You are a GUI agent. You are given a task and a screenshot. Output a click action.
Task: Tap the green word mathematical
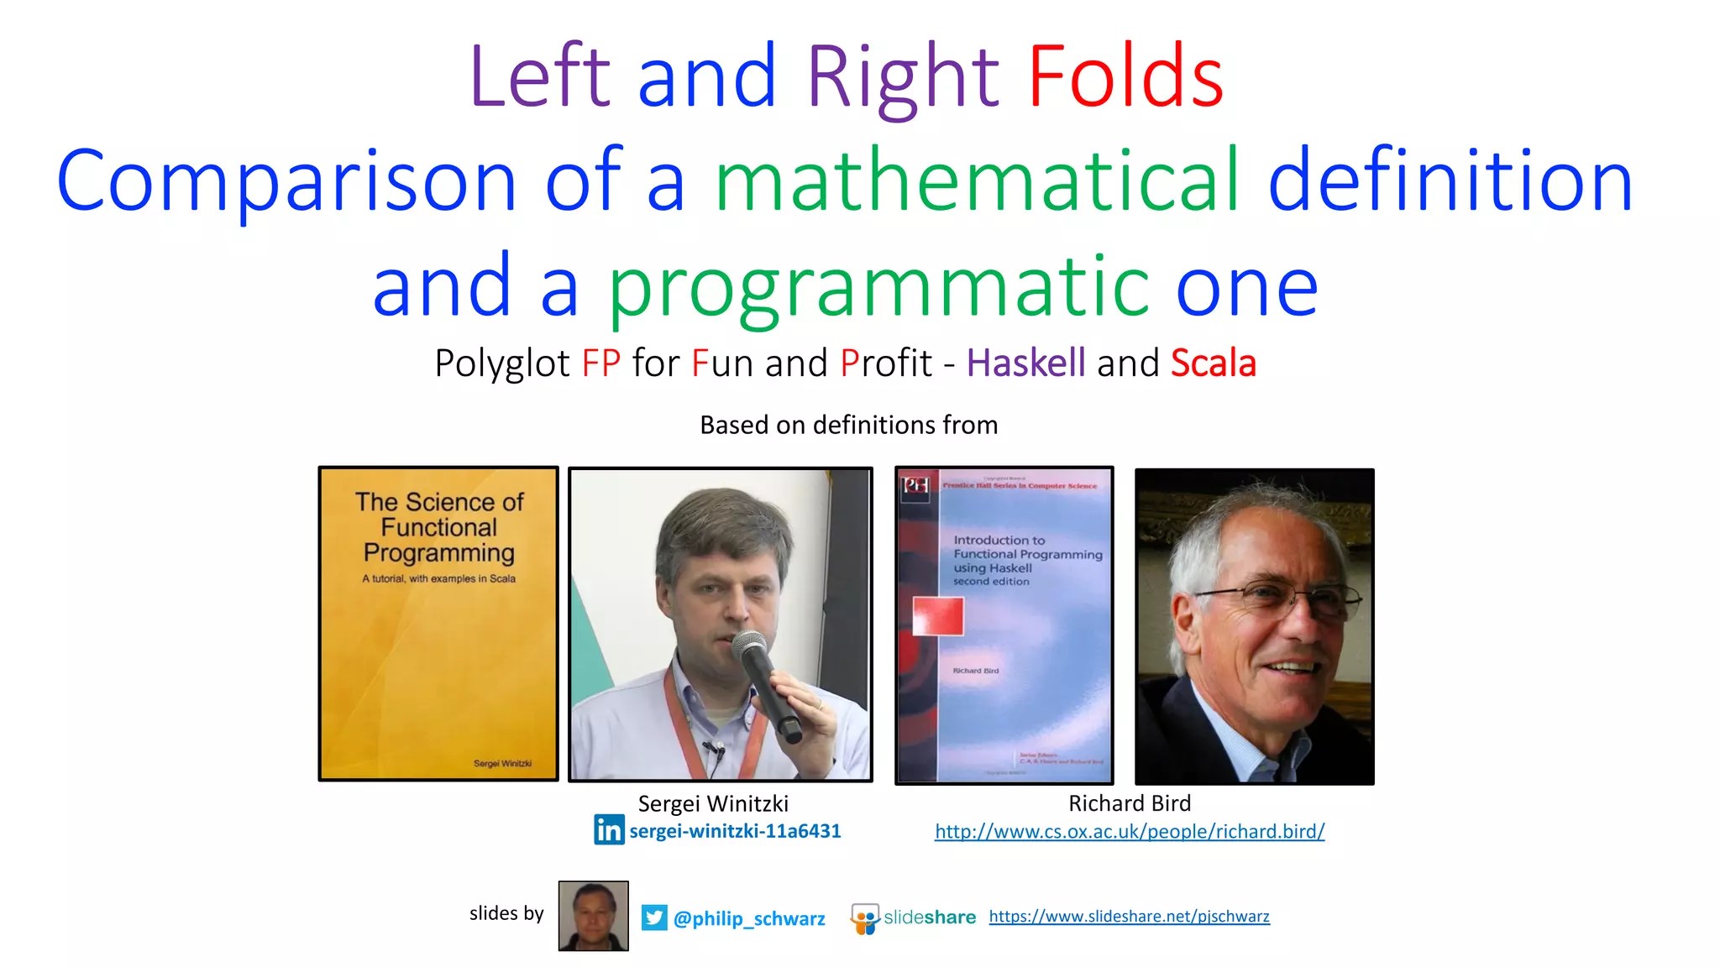977,180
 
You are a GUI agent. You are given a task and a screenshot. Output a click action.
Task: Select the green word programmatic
877,287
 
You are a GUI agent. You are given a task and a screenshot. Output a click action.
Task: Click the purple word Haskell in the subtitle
1025,363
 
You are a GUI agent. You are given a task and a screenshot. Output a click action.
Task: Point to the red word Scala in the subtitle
1213,363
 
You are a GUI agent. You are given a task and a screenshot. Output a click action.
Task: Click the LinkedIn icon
609,830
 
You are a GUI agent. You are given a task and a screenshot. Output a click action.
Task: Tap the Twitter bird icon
654,917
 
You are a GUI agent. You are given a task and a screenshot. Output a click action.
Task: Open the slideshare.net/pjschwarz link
1129,917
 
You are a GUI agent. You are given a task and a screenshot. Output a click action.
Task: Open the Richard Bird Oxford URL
1130,832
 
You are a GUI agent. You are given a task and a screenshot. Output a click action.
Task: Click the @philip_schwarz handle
749,918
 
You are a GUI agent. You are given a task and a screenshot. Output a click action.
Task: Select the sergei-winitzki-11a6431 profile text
735,831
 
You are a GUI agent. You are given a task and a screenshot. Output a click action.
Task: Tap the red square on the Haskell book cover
938,616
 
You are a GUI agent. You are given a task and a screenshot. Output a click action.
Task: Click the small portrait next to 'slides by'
593,916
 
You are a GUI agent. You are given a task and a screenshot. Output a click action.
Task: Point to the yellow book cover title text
439,527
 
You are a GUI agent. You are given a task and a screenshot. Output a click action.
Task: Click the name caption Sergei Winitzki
713,803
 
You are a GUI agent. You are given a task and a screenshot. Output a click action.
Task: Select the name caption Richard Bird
1130,803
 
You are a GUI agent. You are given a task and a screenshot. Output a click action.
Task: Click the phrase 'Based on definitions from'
848,425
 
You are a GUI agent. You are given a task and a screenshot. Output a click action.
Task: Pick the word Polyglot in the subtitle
502,363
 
